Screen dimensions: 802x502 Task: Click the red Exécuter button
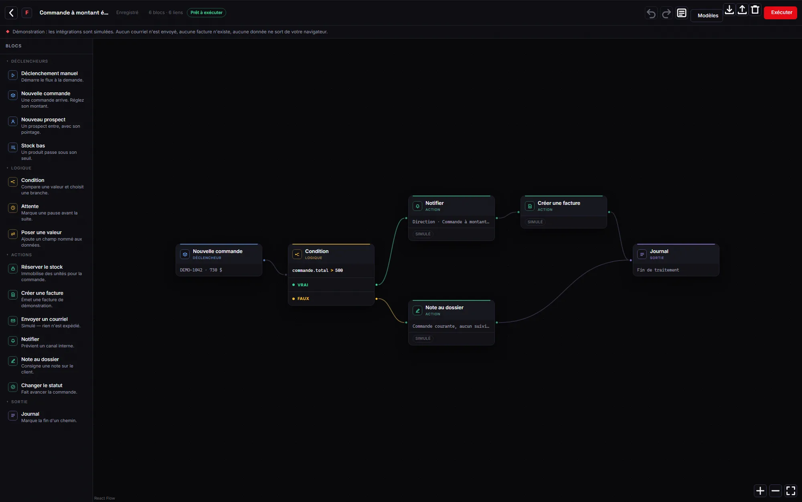(780, 12)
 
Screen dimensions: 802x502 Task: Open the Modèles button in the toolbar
(708, 16)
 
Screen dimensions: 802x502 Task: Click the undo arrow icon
(651, 14)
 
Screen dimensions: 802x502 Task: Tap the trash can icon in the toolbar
(755, 10)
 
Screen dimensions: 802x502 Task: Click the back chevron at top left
(11, 13)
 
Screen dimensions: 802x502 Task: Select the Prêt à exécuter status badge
(207, 13)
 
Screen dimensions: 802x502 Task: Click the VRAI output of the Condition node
(303, 285)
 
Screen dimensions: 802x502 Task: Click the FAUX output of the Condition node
(303, 298)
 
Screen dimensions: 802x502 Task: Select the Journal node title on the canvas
(659, 251)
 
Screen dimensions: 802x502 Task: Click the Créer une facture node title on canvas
(559, 203)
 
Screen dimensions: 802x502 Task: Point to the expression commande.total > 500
(318, 270)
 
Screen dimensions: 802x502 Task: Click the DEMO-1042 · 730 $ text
(201, 270)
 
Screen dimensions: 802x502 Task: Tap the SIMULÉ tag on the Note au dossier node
(423, 339)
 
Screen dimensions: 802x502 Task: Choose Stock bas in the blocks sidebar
(33, 146)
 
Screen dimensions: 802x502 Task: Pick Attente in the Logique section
(30, 206)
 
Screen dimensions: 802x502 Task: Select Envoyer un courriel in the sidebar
(45, 319)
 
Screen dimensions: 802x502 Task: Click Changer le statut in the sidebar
(42, 386)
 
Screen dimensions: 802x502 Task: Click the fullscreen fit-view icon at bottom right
(790, 490)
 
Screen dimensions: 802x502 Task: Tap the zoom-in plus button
(760, 490)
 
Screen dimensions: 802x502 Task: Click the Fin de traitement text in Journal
(658, 270)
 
